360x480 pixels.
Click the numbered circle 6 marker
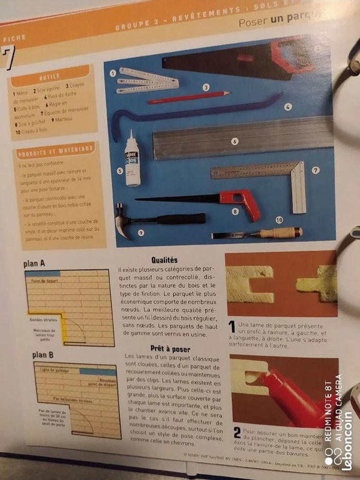[235, 141]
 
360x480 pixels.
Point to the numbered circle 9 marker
[140, 233]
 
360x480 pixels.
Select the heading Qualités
[165, 260]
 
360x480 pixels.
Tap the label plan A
[34, 264]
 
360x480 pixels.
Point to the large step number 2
[237, 432]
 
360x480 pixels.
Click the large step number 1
[232, 326]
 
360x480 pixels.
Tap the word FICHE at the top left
[14, 38]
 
